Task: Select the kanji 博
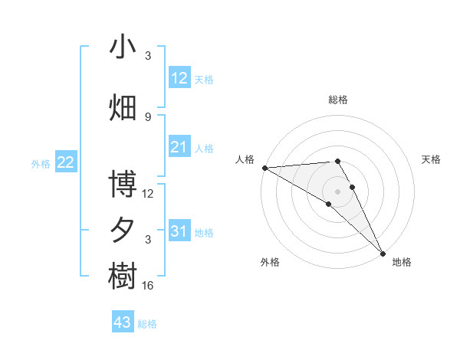pos(123,185)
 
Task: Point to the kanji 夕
pos(123,230)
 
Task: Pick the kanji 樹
pos(123,276)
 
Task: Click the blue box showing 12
pos(179,78)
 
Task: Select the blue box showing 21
pos(179,147)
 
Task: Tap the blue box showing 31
pos(179,231)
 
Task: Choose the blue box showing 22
pos(66,162)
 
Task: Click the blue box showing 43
pos(123,322)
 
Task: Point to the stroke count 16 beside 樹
pos(148,286)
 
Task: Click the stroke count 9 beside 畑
pos(148,116)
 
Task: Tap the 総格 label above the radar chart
pos(338,100)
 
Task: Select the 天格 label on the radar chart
pos(432,159)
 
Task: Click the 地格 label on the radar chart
pos(402,262)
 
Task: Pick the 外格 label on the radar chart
pos(270,262)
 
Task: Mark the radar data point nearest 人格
pos(264,167)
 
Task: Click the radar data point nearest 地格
pos(383,252)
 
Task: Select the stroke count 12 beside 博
pos(148,194)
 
